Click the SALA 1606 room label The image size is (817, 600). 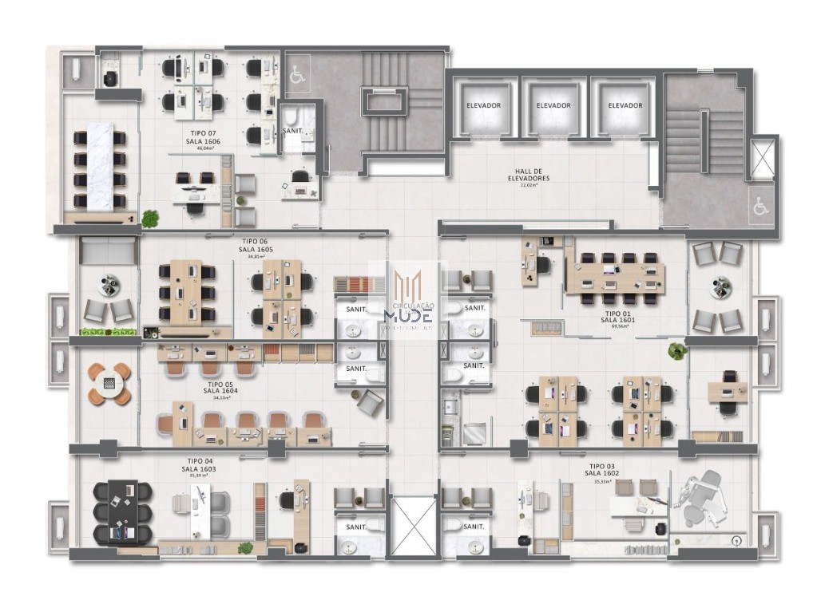coord(200,141)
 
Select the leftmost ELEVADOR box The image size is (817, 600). coord(483,105)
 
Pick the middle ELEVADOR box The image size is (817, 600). coord(553,105)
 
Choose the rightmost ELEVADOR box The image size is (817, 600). coord(625,105)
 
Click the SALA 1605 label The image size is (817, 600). coord(255,249)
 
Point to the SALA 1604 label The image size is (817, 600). coord(219,390)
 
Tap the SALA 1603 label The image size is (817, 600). coord(198,469)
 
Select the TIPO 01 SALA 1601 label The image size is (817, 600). coord(617,320)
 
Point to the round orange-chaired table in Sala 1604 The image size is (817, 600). coord(109,382)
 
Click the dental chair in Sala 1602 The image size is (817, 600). coord(704,494)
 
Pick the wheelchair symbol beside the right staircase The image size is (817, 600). coord(760,207)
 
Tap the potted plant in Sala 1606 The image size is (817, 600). coord(149,216)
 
